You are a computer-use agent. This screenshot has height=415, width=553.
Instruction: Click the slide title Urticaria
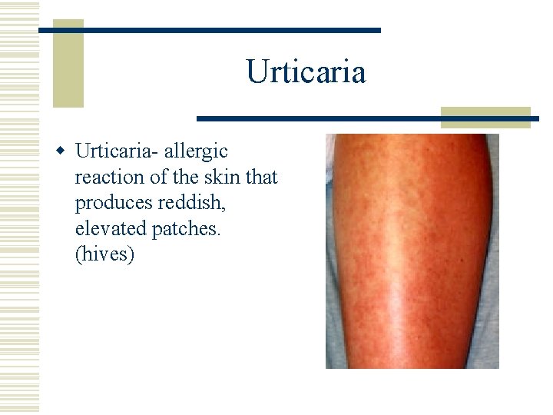(306, 72)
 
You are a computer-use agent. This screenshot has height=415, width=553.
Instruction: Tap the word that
(264, 177)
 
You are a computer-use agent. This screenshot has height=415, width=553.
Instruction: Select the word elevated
(109, 228)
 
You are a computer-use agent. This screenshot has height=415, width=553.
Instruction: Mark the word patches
(184, 228)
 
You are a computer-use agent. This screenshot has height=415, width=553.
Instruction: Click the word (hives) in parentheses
(104, 254)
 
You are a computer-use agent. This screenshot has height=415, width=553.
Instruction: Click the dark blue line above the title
(209, 30)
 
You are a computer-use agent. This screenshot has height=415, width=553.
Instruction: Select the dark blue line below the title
(367, 119)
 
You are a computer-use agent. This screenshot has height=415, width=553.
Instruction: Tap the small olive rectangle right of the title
(485, 116)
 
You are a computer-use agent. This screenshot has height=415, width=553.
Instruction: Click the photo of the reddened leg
(412, 251)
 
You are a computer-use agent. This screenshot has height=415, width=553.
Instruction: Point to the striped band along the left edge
(19, 207)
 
